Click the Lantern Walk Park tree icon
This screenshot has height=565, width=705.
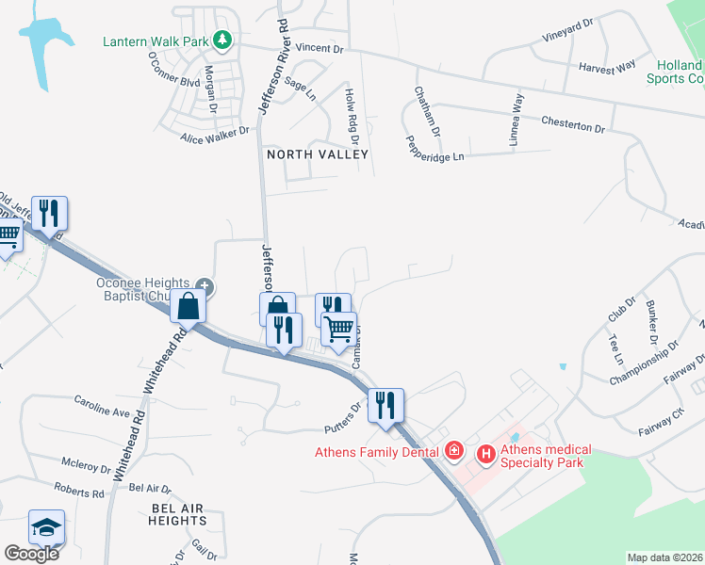point(222,40)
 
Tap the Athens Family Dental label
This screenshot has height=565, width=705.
point(377,452)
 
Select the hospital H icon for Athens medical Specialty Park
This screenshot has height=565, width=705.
point(486,455)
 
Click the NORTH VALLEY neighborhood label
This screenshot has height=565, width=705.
point(317,153)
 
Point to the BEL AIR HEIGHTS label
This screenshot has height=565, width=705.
point(165,513)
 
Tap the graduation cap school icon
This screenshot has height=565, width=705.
point(46,528)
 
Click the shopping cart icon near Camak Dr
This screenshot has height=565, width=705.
point(338,330)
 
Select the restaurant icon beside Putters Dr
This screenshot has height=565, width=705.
point(385,406)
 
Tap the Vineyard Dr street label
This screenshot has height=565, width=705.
point(567,36)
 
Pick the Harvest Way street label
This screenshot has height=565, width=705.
point(608,68)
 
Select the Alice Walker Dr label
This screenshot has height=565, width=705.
point(215,136)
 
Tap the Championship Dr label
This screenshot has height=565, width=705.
point(644,363)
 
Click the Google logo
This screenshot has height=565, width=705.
point(31,553)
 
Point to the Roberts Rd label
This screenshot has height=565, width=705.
point(79,492)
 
